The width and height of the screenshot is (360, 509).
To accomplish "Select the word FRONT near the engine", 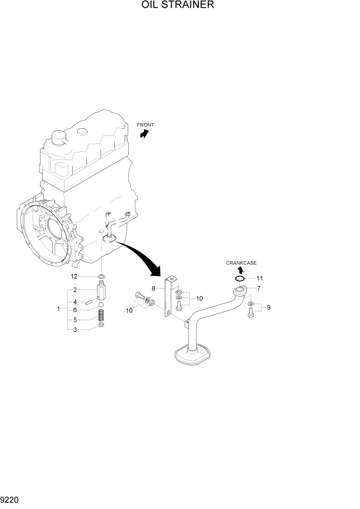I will click(145, 125).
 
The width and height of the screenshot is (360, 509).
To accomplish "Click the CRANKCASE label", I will click(242, 263).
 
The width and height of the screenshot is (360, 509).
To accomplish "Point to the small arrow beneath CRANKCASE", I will click(240, 270).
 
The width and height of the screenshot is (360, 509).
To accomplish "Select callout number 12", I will click(74, 277).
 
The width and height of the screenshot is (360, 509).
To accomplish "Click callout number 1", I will click(59, 309).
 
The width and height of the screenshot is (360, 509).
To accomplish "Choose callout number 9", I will click(269, 308).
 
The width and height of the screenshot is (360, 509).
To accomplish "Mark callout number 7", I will click(259, 288).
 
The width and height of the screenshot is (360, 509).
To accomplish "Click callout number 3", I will click(75, 329).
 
